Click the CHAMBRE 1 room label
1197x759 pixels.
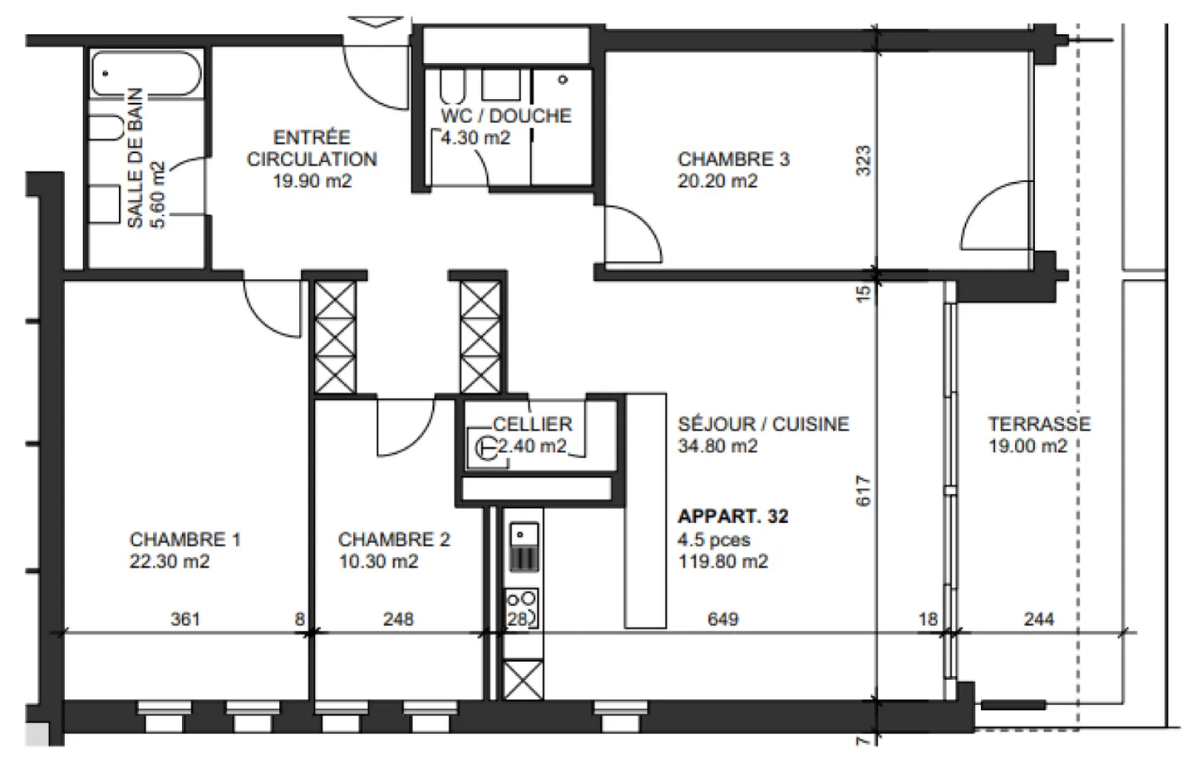pyautogui.click(x=185, y=540)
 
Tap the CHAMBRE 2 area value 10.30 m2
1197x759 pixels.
pyautogui.click(x=377, y=562)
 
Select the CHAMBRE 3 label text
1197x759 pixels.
pyautogui.click(x=733, y=159)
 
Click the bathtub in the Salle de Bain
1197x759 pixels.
pyautogui.click(x=145, y=74)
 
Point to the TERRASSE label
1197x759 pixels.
pyautogui.click(x=1038, y=424)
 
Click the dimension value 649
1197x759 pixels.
pyautogui.click(x=722, y=619)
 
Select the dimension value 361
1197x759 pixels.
pyautogui.click(x=185, y=619)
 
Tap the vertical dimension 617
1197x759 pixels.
pyautogui.click(x=863, y=490)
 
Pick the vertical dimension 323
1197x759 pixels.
pyautogui.click(x=863, y=160)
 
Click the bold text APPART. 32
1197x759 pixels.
pyautogui.click(x=732, y=516)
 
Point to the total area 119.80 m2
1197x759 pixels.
pyautogui.click(x=722, y=562)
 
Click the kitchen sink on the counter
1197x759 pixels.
pyautogui.click(x=523, y=535)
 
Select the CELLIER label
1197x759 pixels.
pyautogui.click(x=532, y=424)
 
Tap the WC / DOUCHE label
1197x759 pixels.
pyautogui.click(x=505, y=116)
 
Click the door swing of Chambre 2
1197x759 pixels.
pyautogui.click(x=403, y=428)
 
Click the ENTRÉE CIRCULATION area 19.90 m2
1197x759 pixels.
pyautogui.click(x=312, y=181)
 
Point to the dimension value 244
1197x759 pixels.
pyautogui.click(x=1038, y=619)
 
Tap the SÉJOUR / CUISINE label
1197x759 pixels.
pyautogui.click(x=763, y=424)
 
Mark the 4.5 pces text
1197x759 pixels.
pyautogui.click(x=713, y=540)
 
